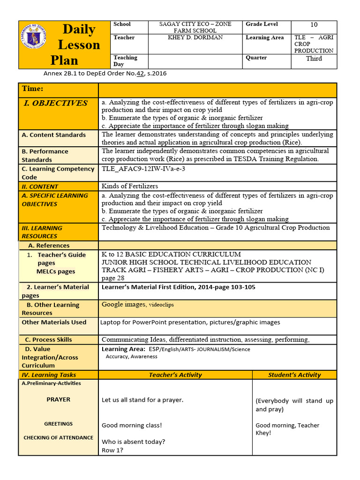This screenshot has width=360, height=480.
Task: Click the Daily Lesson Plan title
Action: pos(78,45)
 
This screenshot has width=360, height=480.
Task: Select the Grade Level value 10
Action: pos(314,25)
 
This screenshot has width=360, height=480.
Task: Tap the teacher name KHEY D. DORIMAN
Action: pos(195,37)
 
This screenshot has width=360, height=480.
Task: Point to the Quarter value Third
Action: pos(314,59)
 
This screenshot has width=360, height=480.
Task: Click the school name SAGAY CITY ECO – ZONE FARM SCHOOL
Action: pos(195,27)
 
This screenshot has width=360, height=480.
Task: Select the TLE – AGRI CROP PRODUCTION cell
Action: pos(314,44)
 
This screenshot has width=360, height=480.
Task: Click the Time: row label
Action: pos(32,89)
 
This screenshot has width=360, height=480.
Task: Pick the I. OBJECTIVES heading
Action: pos(55,103)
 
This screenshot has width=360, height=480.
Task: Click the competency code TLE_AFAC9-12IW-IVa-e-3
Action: pos(143,169)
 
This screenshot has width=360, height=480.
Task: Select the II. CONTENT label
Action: pos(40,187)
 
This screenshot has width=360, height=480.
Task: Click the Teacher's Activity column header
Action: pos(175,375)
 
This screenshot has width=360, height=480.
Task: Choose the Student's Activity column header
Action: pos(294,375)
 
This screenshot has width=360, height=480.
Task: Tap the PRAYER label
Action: pos(58,400)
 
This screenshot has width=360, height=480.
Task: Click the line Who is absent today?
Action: pos(133,442)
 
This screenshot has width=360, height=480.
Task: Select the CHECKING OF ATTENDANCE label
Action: pos(58,438)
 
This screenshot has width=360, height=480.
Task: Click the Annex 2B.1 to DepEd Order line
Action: pos(105,74)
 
